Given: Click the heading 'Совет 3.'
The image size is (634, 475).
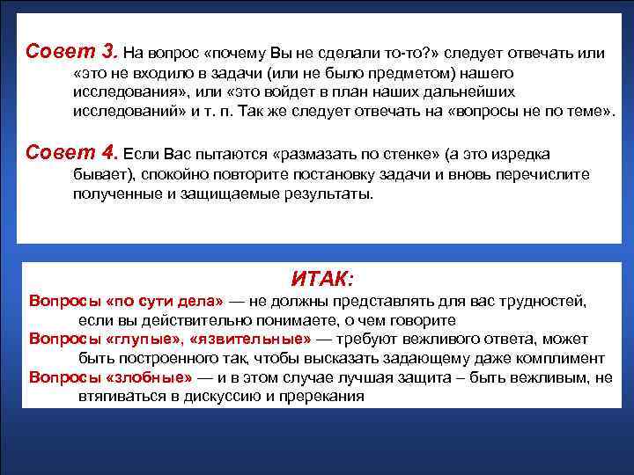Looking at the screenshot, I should pos(72,51).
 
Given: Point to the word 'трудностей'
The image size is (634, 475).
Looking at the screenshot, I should pos(542,301).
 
